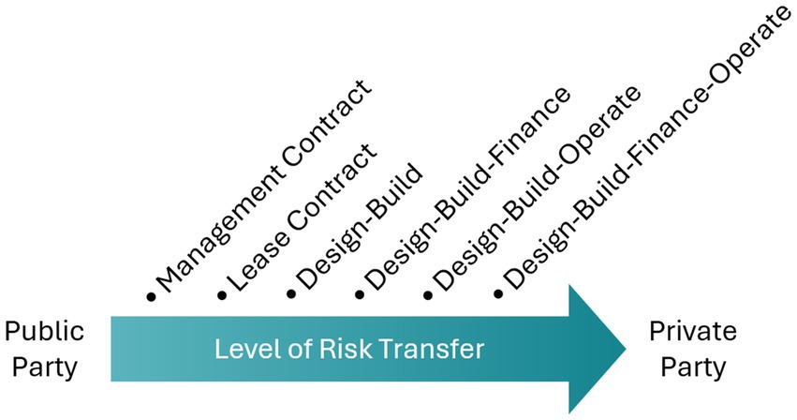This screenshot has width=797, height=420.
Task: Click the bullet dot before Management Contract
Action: pyautogui.click(x=150, y=297)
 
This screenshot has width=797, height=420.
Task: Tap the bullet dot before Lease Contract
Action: pyautogui.click(x=221, y=297)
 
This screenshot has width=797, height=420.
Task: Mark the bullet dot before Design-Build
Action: pyautogui.click(x=290, y=296)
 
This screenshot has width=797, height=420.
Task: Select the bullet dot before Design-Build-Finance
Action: pyautogui.click(x=360, y=296)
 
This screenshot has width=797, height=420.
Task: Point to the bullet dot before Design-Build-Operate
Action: pyautogui.click(x=428, y=296)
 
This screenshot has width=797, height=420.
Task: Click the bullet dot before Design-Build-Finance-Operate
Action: pyautogui.click(x=497, y=296)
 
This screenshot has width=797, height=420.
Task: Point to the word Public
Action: pyautogui.click(x=44, y=332)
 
